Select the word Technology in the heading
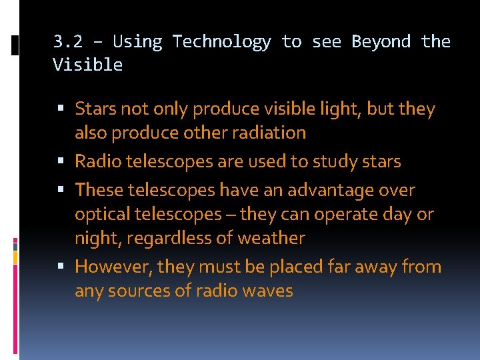coord(221,42)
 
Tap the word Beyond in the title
coord(381,42)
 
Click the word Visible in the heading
coord(88,65)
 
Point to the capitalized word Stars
coord(94,109)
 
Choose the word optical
coord(100,214)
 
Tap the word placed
coord(300,267)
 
